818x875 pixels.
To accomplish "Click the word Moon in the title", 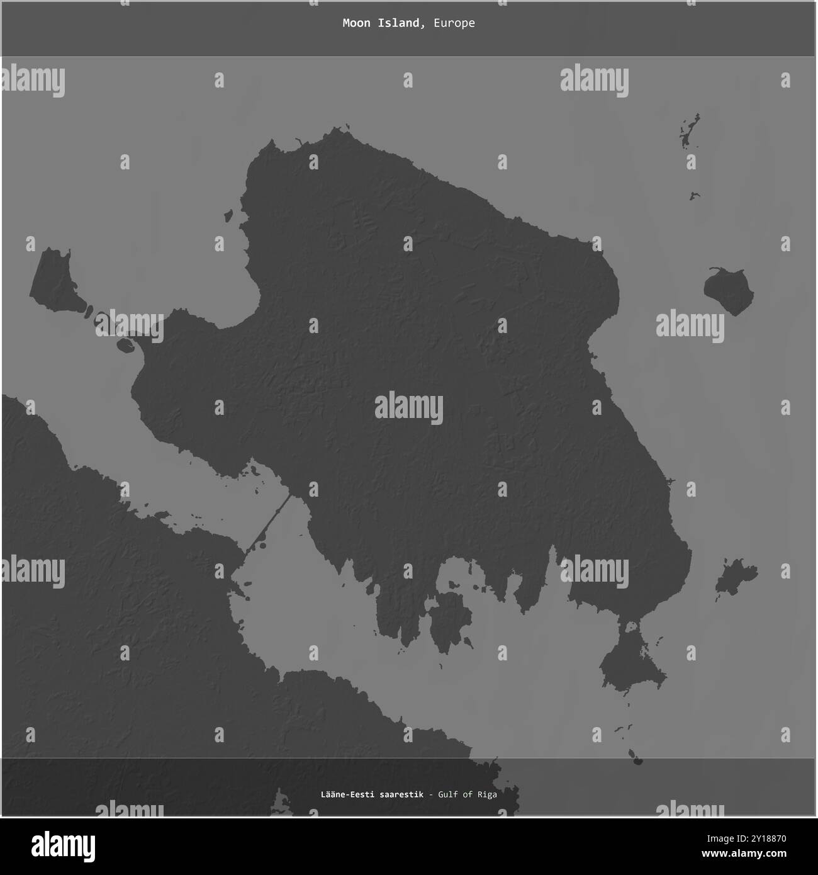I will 356,23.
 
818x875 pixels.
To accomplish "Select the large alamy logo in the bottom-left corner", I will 62,844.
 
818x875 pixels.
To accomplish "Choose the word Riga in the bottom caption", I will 486,794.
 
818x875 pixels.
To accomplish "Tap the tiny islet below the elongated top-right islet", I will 695,196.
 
